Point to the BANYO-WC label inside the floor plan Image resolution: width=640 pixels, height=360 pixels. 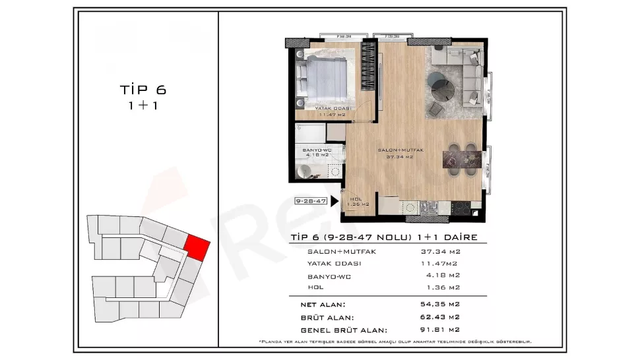(x=315, y=152)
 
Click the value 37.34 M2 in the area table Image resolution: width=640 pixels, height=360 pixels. (x=441, y=251)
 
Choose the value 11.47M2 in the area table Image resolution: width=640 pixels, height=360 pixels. (x=440, y=263)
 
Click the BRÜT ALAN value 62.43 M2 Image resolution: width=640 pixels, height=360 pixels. (x=441, y=317)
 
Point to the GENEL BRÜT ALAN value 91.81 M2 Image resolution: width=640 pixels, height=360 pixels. (x=441, y=329)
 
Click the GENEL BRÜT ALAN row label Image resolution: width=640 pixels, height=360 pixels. (x=342, y=329)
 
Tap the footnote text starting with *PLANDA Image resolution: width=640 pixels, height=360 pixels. (x=395, y=342)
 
